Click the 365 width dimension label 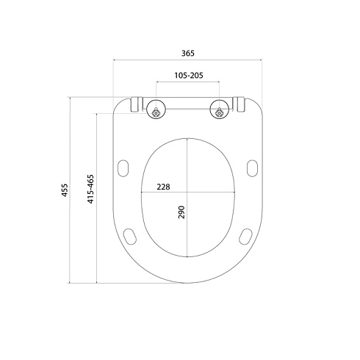coord(188,53)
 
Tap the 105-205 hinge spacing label coord(189,75)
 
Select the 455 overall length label coord(65,190)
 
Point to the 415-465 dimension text coord(90,189)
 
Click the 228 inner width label coord(163,187)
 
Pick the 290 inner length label coord(181,212)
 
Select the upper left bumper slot coord(123,168)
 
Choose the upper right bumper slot coord(252,168)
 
